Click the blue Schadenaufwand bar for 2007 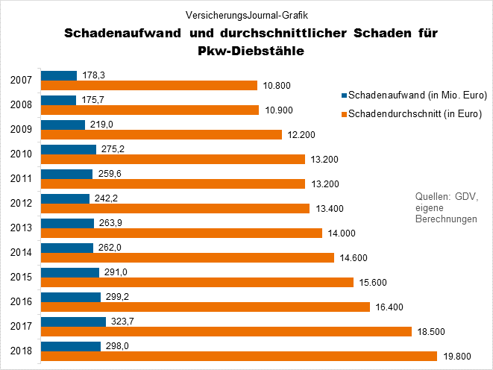click(x=59, y=75)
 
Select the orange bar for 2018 click(x=239, y=356)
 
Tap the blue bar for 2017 click(x=73, y=322)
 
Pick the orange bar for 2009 click(x=161, y=134)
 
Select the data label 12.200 click(x=300, y=134)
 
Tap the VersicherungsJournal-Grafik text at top click(x=248, y=14)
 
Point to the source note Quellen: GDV click(x=445, y=196)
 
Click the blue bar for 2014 click(x=67, y=248)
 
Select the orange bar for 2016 click(x=205, y=307)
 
